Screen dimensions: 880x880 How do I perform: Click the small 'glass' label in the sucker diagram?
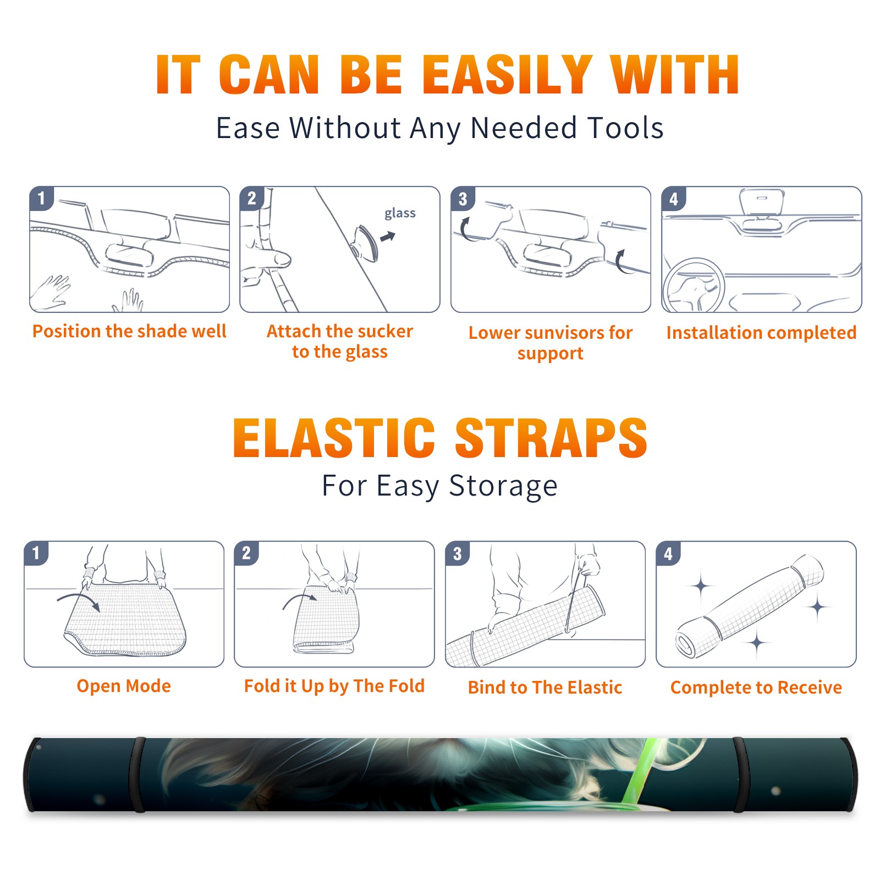coord(400,213)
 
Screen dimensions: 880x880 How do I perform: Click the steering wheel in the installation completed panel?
coord(693,286)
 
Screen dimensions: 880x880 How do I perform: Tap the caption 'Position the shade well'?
coord(129,331)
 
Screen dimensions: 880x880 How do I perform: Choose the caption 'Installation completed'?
coord(761,333)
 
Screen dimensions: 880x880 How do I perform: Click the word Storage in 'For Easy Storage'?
coord(503,486)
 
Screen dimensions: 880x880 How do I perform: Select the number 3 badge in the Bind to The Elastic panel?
coord(457,553)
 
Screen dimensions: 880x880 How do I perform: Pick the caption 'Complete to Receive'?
coord(756,687)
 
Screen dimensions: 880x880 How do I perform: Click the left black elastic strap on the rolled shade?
coord(137,774)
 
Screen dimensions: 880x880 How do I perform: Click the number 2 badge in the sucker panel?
coord(252,199)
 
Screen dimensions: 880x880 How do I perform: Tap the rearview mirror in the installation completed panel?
coord(762,202)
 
